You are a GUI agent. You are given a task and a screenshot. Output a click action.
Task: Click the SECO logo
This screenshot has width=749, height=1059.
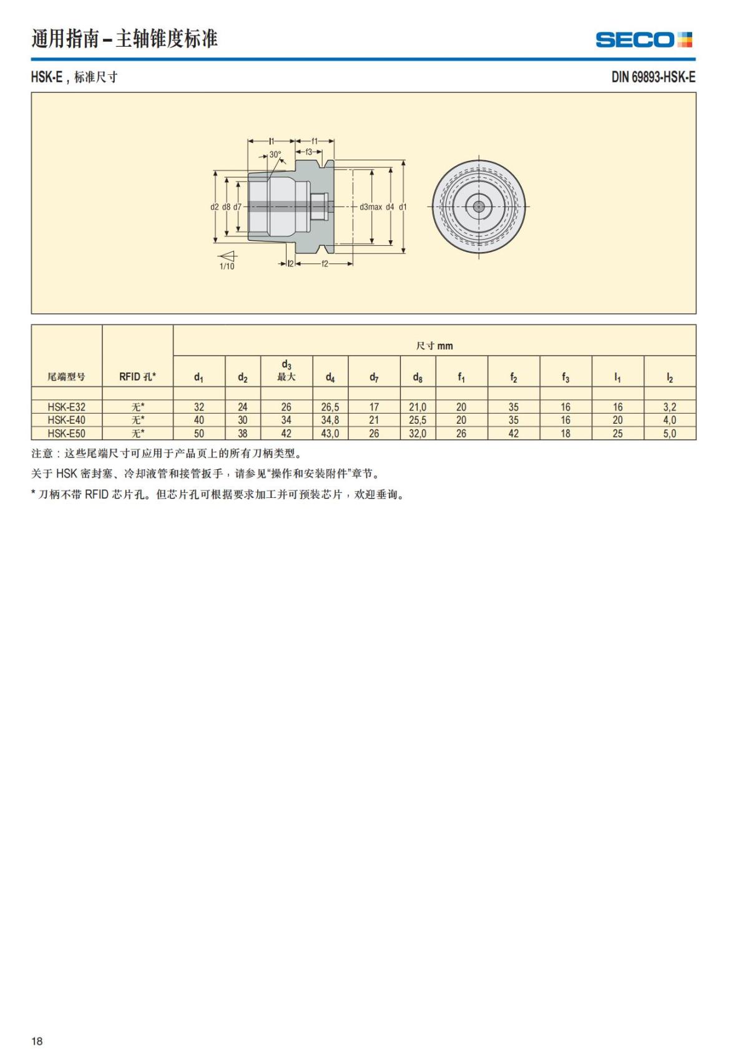(x=644, y=40)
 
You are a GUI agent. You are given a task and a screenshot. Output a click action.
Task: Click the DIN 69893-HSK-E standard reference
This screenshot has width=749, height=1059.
(x=653, y=77)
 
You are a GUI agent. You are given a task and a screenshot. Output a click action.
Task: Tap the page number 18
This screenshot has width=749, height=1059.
(x=37, y=1041)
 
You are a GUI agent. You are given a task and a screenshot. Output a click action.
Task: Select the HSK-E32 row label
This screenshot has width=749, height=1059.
(x=66, y=407)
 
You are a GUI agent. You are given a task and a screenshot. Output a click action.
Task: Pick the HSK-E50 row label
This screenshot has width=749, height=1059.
(x=66, y=433)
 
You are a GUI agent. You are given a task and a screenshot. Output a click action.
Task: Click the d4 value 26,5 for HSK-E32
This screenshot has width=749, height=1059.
(x=330, y=407)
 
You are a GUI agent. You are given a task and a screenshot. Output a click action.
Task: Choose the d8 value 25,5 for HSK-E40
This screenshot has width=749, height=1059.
(x=418, y=420)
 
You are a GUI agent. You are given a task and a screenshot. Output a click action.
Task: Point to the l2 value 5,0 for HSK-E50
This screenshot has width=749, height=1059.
(x=669, y=433)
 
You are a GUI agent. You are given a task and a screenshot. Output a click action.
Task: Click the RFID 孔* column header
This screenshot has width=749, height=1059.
(x=137, y=376)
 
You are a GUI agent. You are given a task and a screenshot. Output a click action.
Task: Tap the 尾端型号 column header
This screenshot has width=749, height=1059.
(x=66, y=377)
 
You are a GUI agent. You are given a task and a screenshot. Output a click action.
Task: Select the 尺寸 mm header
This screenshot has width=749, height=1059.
(x=434, y=346)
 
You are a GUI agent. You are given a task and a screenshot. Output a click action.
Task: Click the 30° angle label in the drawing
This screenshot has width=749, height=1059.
(x=275, y=155)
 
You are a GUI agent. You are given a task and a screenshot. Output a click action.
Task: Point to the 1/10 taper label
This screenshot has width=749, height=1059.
(x=227, y=266)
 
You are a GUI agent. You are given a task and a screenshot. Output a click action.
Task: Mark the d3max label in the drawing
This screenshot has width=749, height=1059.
(x=371, y=207)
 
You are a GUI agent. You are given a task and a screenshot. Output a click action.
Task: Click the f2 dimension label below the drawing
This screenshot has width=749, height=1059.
(x=325, y=264)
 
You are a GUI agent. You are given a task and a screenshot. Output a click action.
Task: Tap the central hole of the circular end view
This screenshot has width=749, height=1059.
(x=479, y=207)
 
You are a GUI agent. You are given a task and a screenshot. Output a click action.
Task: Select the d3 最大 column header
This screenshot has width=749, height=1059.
(x=286, y=371)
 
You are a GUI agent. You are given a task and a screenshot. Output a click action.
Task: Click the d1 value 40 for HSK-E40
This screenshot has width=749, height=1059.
(x=198, y=420)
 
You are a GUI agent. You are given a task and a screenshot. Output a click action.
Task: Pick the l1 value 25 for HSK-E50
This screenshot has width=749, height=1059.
(x=617, y=433)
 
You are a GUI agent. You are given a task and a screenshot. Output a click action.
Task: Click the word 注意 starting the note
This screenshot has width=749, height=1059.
(x=42, y=454)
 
